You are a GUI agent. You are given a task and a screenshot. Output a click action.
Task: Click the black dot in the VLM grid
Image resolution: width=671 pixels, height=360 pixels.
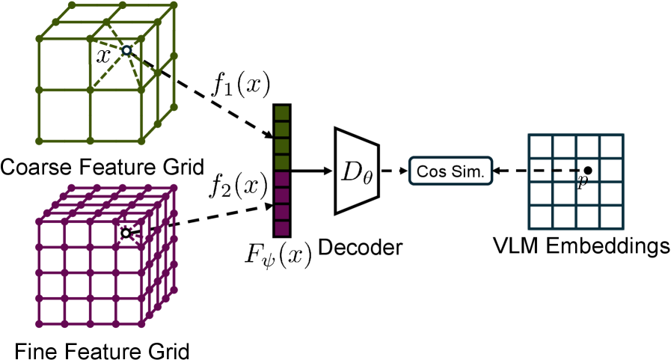(x=589, y=171)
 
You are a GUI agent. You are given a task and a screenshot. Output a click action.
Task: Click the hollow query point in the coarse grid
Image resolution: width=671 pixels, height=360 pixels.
(x=126, y=51)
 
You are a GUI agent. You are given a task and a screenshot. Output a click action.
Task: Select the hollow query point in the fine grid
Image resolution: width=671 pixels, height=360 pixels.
(x=126, y=233)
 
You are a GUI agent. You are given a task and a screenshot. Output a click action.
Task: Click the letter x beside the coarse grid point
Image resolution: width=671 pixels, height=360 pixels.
(x=104, y=55)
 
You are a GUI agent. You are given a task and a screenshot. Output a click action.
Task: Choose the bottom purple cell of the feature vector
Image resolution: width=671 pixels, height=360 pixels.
(x=281, y=228)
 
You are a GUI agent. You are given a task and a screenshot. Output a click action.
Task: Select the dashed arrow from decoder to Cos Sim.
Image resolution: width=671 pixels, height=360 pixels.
(x=393, y=171)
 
